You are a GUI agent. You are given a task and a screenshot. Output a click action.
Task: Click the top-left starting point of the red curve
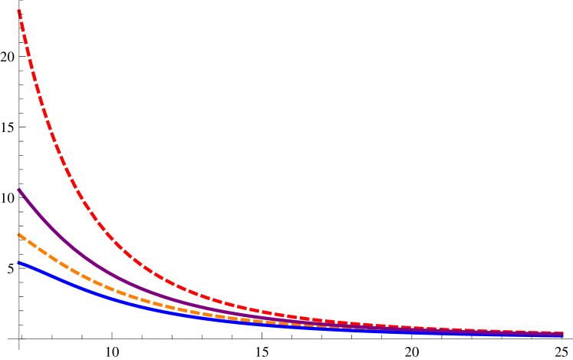click(18, 10)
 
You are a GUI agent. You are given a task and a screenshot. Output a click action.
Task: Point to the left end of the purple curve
click(18, 190)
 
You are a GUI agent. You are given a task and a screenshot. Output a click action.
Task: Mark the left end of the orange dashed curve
click(18, 235)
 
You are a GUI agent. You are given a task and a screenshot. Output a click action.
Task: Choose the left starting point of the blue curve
click(18, 263)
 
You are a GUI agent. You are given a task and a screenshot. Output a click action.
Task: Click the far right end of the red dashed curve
click(563, 333)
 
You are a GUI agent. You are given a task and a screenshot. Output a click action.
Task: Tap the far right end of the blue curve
click(563, 335)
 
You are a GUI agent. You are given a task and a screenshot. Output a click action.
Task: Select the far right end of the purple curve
click(563, 335)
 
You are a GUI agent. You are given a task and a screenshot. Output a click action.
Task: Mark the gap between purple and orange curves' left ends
click(18, 213)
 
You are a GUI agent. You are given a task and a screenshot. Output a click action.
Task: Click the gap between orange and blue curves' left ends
click(18, 249)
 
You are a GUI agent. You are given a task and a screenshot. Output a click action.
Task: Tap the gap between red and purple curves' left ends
click(18, 100)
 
